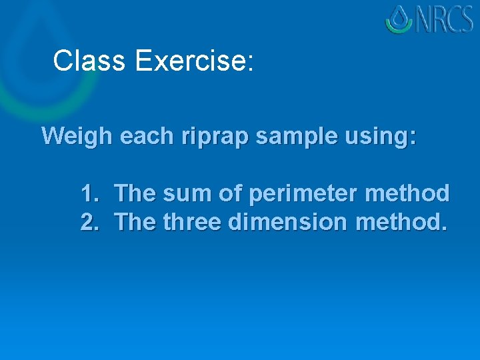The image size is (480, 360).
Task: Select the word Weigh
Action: point(77,136)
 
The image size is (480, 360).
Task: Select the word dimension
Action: point(287,222)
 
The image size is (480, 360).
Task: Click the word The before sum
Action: point(136,194)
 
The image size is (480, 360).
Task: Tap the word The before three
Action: point(136,222)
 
